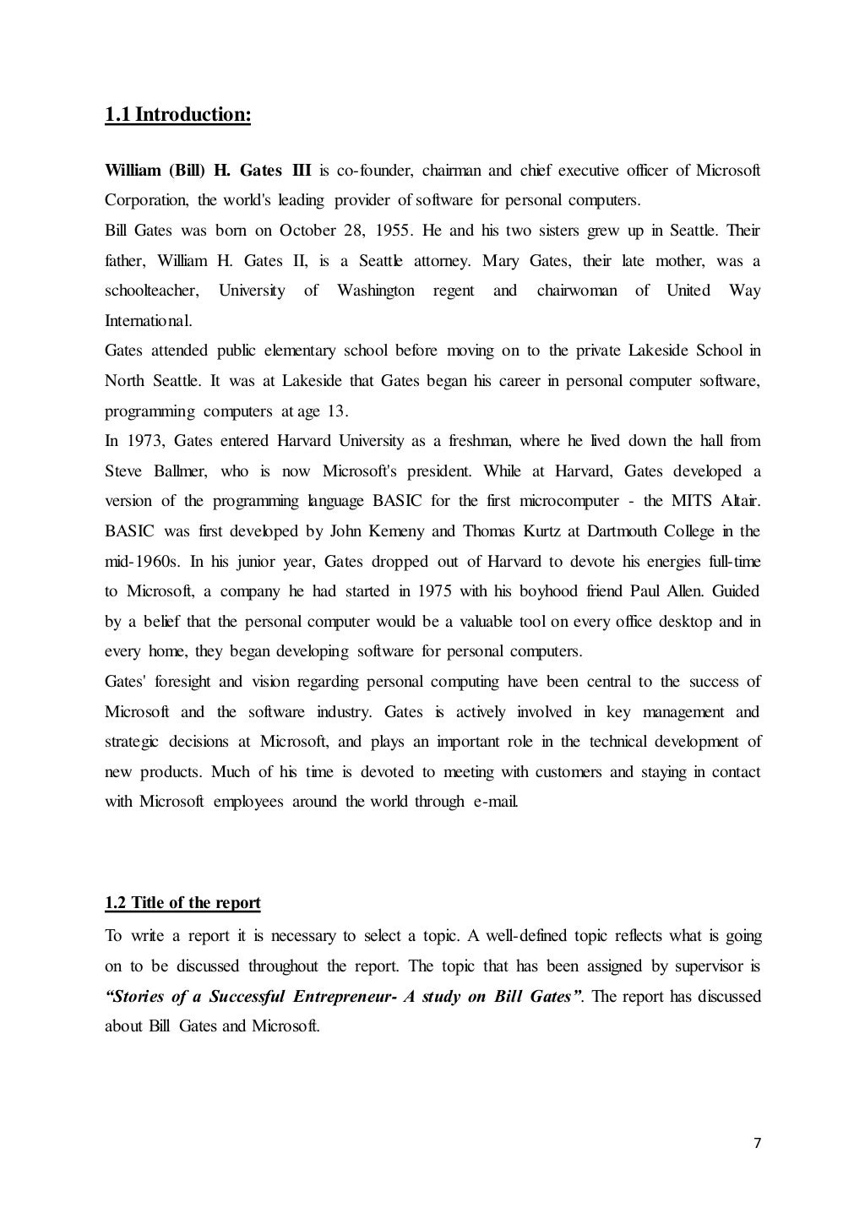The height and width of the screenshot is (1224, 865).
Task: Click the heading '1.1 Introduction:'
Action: click(177, 114)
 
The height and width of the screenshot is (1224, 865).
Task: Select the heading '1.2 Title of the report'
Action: click(182, 903)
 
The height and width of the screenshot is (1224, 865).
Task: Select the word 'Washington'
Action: click(375, 291)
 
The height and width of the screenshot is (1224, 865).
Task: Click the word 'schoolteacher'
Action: click(151, 291)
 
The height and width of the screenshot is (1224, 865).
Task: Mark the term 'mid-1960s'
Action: click(142, 562)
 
